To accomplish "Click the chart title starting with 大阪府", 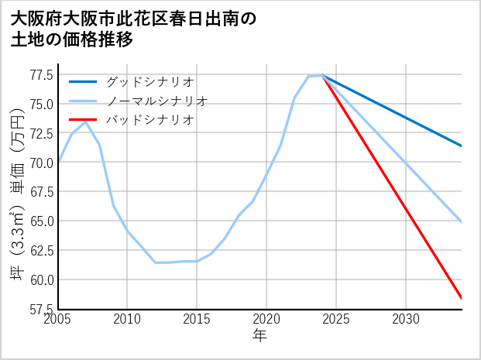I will [x=132, y=29].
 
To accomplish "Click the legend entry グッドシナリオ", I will [x=150, y=81].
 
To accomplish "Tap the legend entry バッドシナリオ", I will [x=150, y=120].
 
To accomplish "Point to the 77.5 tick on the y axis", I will [x=41, y=75].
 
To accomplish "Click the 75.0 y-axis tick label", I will [x=41, y=104].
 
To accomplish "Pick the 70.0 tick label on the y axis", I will [x=41, y=163].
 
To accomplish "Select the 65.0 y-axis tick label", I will [x=41, y=221].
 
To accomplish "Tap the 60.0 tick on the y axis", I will [x=41, y=279].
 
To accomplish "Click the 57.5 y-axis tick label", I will [x=41, y=309].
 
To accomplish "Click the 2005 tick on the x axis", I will [x=59, y=319].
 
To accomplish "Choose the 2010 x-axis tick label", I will [x=128, y=319].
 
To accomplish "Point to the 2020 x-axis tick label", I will [x=266, y=319].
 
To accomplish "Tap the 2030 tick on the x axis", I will [x=406, y=319].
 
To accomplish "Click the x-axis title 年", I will [x=260, y=336].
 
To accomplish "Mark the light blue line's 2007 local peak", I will [x=86, y=122].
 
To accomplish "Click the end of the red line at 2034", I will [x=462, y=298].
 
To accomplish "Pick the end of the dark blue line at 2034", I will [x=462, y=146].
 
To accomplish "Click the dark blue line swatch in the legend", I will [x=84, y=81].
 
